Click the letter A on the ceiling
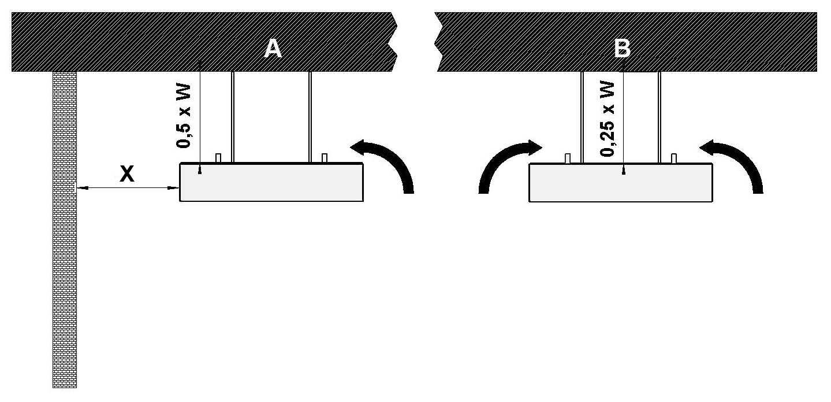[x=273, y=49]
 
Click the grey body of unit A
[x=271, y=183]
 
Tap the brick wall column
[x=64, y=231]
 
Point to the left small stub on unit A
[x=218, y=158]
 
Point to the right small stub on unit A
[x=325, y=158]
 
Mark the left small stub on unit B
[x=568, y=158]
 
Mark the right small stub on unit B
[x=674, y=158]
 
